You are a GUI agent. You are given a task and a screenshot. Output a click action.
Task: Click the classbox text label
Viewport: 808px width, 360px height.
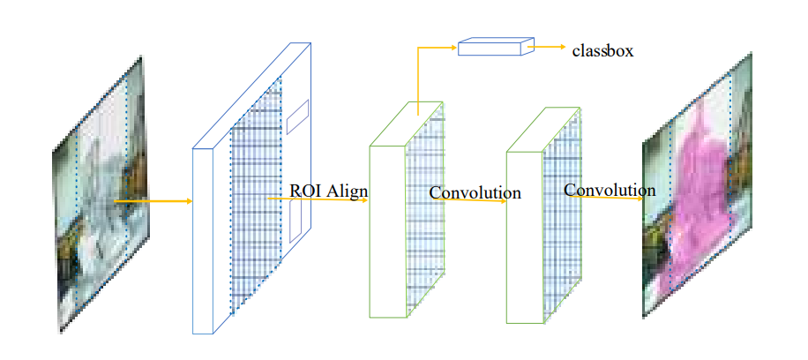click(602, 51)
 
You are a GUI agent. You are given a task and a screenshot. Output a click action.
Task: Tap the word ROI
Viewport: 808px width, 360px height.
click(305, 191)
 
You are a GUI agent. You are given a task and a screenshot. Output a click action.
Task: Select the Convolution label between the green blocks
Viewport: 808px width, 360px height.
click(475, 192)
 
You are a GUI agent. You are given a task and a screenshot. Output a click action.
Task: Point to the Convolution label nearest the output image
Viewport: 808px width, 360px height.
click(610, 190)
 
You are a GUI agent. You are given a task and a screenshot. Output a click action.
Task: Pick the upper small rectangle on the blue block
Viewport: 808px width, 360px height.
click(297, 116)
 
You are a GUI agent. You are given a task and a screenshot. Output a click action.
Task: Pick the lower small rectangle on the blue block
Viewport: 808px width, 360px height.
click(296, 224)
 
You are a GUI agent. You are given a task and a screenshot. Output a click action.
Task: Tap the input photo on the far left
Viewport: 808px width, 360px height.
click(99, 194)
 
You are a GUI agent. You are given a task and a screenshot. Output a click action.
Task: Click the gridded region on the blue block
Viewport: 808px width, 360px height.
click(256, 212)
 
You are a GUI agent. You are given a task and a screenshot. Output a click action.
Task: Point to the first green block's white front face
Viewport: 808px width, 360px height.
click(387, 229)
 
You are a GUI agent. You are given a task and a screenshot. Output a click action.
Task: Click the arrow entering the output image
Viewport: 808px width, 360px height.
click(609, 197)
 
